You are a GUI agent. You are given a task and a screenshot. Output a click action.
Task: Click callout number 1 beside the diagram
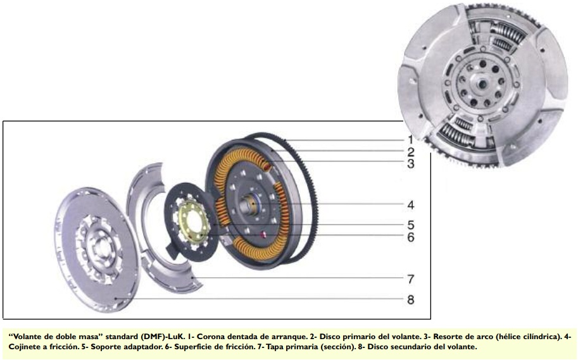410,140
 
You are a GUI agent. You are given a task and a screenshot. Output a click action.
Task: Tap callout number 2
411,152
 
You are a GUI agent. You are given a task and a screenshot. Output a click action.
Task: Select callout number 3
411,164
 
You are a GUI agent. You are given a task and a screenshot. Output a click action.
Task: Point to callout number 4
411,205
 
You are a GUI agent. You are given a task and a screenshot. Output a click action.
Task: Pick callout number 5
411,225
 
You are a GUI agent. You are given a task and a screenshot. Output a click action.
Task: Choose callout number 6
411,237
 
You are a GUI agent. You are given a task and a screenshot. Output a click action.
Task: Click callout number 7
411,279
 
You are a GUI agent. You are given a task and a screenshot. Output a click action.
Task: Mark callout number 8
411,299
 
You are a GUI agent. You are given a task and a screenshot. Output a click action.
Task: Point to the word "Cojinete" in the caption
23,347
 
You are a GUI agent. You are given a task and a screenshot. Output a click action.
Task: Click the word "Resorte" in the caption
447,337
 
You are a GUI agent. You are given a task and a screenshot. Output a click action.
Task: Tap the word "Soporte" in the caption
104,347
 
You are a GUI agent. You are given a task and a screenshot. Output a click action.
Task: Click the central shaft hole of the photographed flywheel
481,84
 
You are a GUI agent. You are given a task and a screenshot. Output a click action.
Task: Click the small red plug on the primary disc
263,233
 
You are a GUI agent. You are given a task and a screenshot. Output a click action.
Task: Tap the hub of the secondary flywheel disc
99,245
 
